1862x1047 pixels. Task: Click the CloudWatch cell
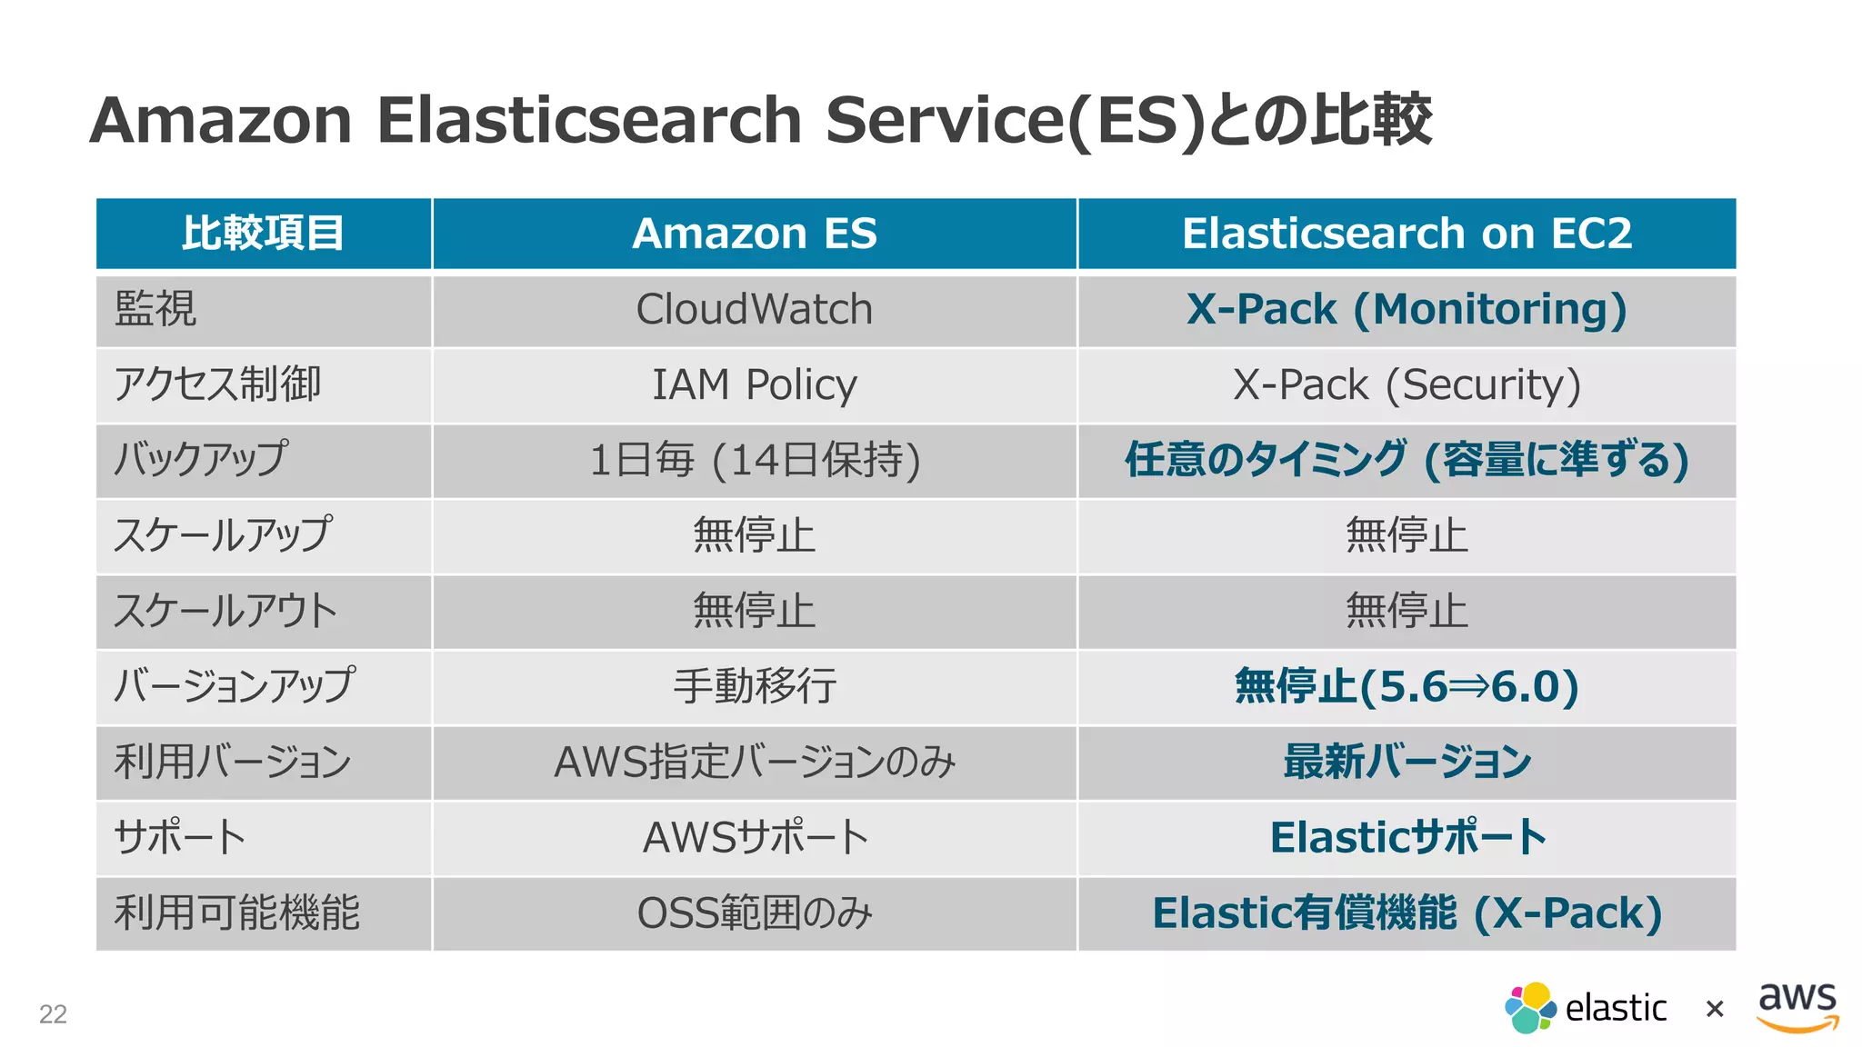754,310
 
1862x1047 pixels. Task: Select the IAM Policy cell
754,385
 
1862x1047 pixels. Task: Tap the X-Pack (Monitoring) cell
1406,310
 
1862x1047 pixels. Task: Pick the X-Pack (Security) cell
1406,385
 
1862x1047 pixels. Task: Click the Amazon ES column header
754,234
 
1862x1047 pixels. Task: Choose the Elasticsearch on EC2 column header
1406,234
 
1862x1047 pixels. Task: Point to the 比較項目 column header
263,234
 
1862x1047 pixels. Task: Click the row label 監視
155,310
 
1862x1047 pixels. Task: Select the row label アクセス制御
217,385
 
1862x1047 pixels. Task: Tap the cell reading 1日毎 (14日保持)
754,461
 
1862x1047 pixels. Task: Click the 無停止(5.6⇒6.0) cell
1406,687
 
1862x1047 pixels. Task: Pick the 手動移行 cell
754,687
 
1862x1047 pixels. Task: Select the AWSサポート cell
754,838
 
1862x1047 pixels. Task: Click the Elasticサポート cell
1406,838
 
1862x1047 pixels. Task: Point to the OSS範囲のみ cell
754,913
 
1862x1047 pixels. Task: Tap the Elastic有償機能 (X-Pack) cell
1406,913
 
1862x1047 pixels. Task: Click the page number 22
53,1014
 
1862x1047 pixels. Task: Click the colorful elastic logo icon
1530,1008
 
